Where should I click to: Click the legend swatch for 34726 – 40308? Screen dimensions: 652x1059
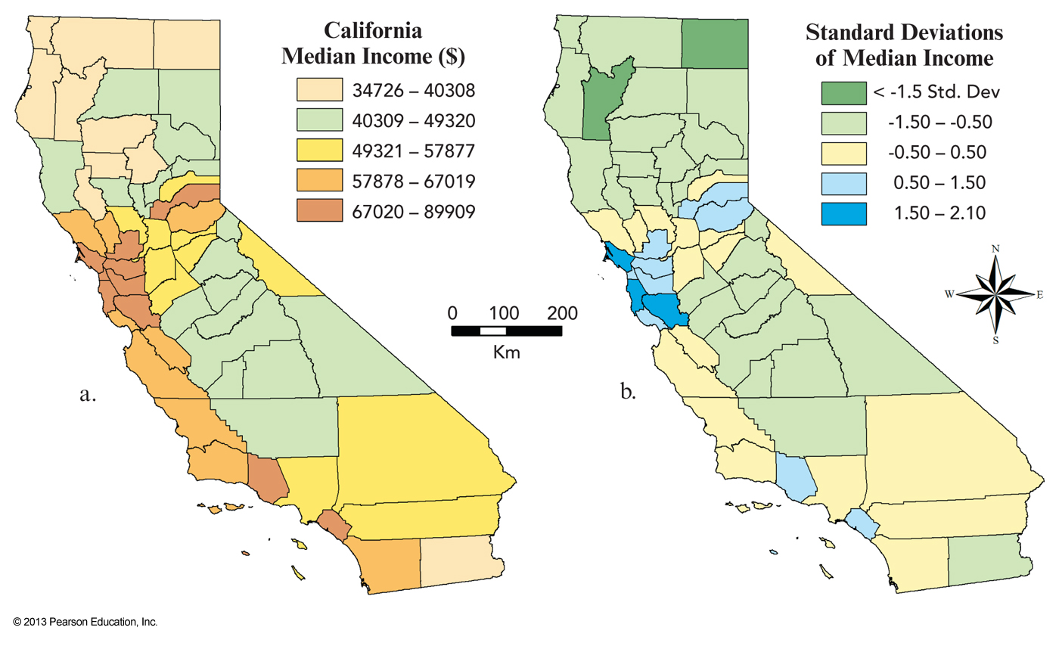318,92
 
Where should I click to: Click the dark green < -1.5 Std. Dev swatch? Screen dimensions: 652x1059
844,92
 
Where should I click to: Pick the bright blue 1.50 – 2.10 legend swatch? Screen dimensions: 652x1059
844,213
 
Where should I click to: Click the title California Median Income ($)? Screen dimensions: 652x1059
373,43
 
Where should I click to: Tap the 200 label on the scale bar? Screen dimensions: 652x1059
562,313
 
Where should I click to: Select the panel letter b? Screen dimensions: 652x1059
627,392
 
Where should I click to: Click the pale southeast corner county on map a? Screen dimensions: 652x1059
460,560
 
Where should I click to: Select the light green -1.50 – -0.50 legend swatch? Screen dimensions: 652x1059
844,122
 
